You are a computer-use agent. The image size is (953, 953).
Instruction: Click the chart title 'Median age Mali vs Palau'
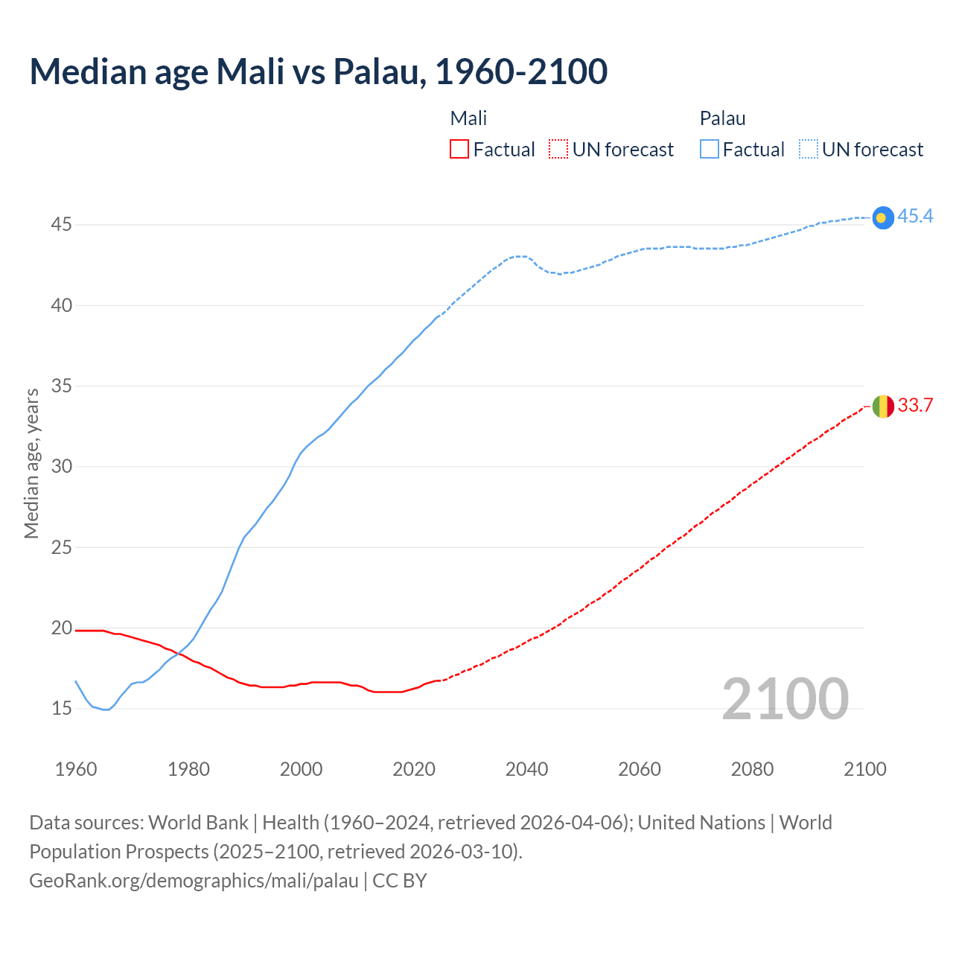(318, 71)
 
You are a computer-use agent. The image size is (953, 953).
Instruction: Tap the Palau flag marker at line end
(882, 217)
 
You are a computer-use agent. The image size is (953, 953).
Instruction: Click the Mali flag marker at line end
(882, 407)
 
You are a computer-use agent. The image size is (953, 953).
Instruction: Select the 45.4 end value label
(915, 216)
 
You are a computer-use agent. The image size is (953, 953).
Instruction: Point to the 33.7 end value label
(915, 405)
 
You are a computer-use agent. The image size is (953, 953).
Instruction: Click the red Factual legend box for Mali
(459, 150)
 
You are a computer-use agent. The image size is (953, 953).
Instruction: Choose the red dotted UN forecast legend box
(558, 150)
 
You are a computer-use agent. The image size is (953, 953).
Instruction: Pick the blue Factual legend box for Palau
(710, 150)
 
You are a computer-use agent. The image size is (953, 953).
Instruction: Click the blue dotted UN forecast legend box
(809, 150)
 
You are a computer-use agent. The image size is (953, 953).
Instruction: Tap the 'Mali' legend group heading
(468, 118)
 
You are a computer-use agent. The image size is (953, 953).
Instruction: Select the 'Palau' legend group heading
(722, 118)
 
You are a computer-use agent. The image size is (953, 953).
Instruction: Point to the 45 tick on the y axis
(61, 224)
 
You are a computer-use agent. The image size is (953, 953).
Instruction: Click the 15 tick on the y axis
(61, 708)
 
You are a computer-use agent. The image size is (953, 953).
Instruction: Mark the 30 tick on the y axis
(61, 466)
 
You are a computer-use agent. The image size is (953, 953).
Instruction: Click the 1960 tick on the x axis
(76, 769)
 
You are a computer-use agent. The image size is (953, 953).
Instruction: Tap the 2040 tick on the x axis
(526, 769)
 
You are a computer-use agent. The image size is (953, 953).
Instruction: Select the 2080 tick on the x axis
(752, 769)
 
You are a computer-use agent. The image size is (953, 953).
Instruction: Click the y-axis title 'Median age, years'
(31, 463)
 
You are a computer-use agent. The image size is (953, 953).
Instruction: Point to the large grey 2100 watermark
(785, 698)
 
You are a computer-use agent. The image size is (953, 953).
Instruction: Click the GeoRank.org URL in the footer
(194, 881)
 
